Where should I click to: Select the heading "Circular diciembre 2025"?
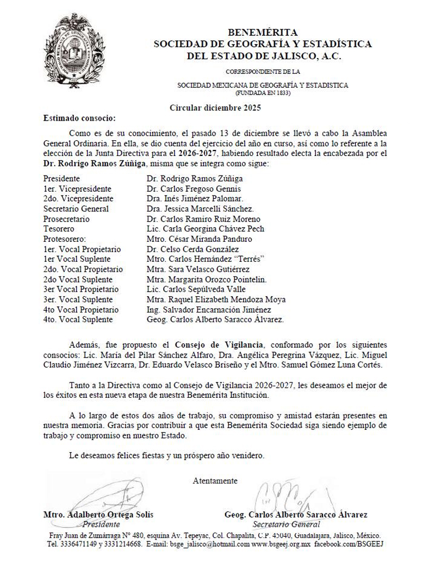pyautogui.click(x=216, y=108)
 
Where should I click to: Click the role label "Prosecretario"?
pyautogui.click(x=66, y=219)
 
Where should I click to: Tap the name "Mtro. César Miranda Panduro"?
pyautogui.click(x=200, y=239)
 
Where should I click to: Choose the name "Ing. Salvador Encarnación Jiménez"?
pyautogui.click(x=209, y=309)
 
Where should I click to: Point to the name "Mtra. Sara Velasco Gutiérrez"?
pyautogui.click(x=198, y=269)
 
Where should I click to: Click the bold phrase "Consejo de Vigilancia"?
pyautogui.click(x=219, y=344)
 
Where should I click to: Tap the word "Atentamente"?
pyautogui.click(x=215, y=481)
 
